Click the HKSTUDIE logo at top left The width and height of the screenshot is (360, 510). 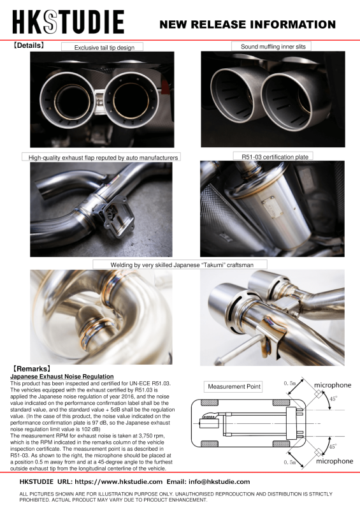pos(69,22)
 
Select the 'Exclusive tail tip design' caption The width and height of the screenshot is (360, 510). pos(102,47)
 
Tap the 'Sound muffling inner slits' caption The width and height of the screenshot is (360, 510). pos(274,47)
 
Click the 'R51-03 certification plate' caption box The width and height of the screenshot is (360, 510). pos(273,156)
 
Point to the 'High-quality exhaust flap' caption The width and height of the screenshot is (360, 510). pos(101,157)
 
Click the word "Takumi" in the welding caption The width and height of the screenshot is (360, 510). pos(202,264)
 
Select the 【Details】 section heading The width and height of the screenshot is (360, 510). pos(29,46)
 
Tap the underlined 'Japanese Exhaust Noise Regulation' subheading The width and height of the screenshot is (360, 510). pos(62,377)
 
